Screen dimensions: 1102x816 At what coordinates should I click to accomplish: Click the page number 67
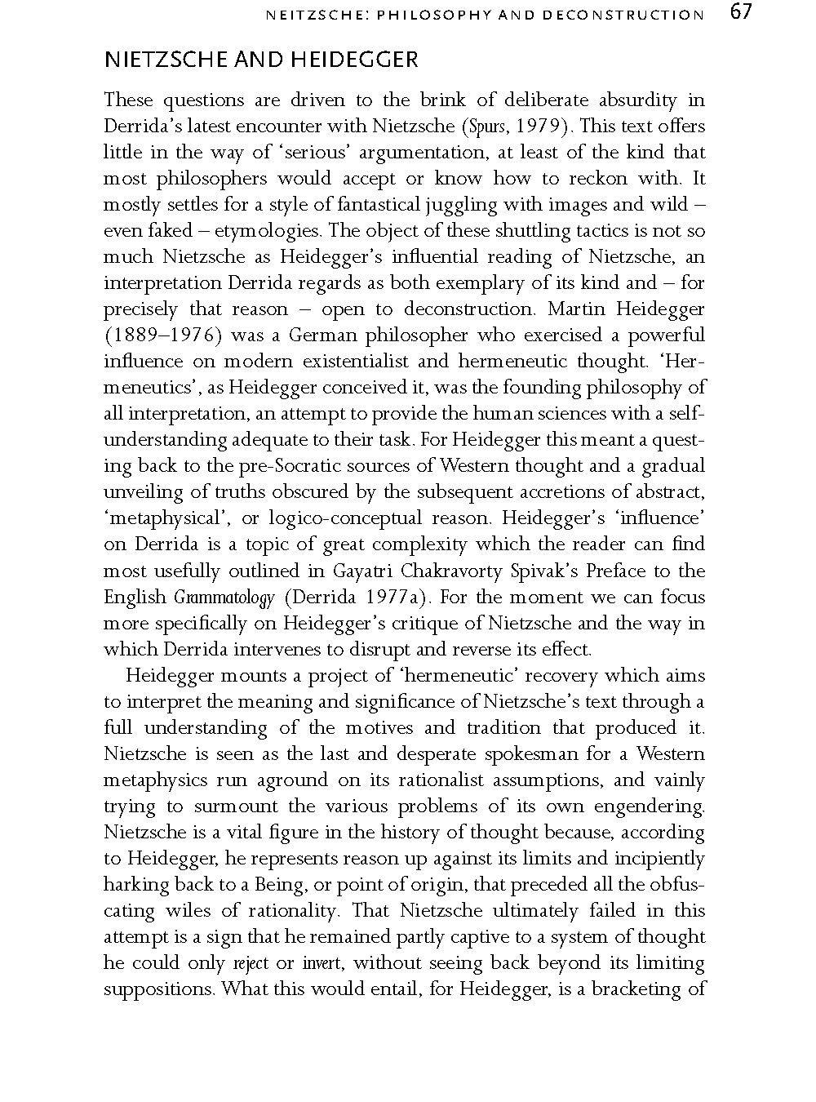739,13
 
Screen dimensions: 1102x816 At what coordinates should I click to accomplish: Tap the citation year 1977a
397,598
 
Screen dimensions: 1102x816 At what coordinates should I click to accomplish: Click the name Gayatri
363,571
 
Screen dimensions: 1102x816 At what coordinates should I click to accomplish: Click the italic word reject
251,964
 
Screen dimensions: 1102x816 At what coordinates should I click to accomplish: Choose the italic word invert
322,963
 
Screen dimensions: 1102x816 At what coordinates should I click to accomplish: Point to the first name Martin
575,309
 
